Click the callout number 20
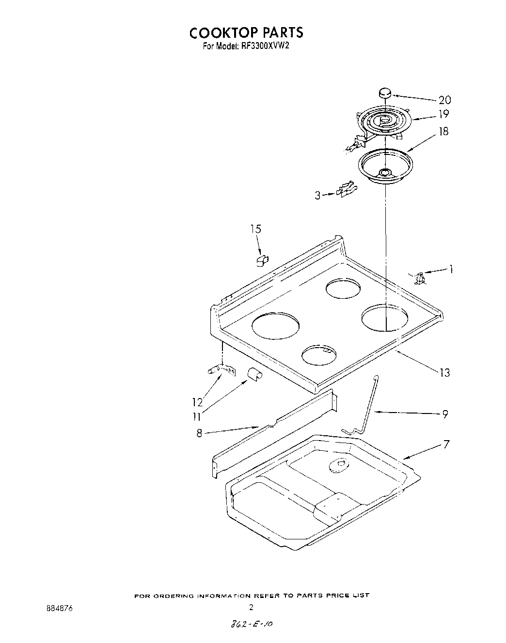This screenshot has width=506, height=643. click(x=444, y=100)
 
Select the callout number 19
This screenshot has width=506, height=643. click(x=443, y=115)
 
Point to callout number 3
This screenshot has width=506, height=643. click(x=318, y=196)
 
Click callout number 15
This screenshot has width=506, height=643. click(x=255, y=229)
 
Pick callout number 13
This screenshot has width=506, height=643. click(x=444, y=372)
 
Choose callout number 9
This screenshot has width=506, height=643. click(x=445, y=414)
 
